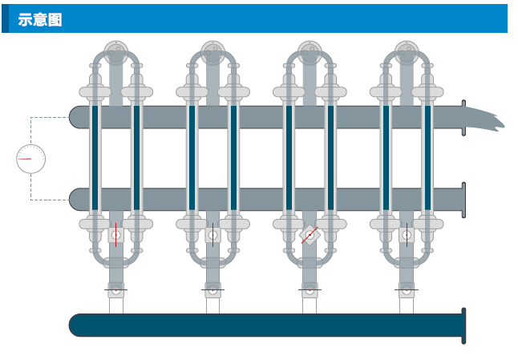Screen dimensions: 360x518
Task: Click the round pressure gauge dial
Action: pyautogui.click(x=30, y=159)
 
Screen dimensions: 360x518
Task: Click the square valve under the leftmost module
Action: pyautogui.click(x=116, y=235)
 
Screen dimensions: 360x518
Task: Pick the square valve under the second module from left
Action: pyautogui.click(x=212, y=235)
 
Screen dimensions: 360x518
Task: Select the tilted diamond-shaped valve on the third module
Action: pyautogui.click(x=310, y=236)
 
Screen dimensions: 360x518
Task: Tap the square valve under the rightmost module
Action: pyautogui.click(x=407, y=235)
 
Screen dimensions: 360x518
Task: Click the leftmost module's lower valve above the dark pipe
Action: pyautogui.click(x=116, y=290)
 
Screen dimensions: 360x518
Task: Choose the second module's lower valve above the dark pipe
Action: pyautogui.click(x=212, y=290)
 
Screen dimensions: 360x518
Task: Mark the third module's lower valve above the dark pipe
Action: pyautogui.click(x=310, y=290)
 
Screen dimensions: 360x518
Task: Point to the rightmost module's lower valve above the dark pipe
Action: pyautogui.click(x=407, y=290)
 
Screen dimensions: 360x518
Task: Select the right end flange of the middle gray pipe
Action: pyautogui.click(x=463, y=200)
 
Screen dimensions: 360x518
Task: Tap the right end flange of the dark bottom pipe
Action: pyautogui.click(x=463, y=325)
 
